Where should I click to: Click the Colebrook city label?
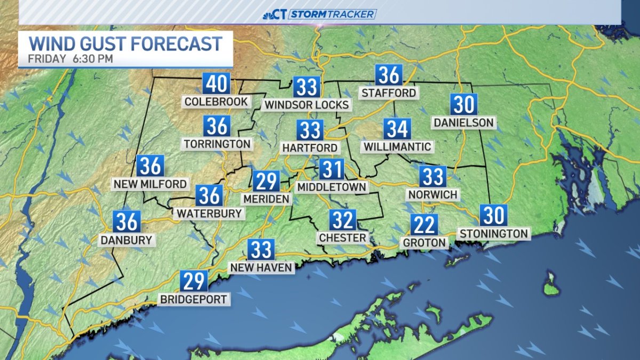pyautogui.click(x=216, y=101)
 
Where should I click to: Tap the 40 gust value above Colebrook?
pyautogui.click(x=216, y=84)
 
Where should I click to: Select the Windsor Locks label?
pyautogui.click(x=306, y=105)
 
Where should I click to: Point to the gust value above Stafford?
pyautogui.click(x=388, y=75)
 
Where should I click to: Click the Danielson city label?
pyautogui.click(x=463, y=123)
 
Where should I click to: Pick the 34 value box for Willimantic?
pyautogui.click(x=397, y=129)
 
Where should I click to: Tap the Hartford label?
pyautogui.click(x=310, y=148)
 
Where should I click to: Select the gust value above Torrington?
pyautogui.click(x=217, y=126)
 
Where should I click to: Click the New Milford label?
pyautogui.click(x=150, y=184)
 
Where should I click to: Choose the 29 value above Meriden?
pyautogui.click(x=266, y=181)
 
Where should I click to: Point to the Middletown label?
pyautogui.click(x=332, y=187)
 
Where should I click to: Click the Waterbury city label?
pyautogui.click(x=209, y=213)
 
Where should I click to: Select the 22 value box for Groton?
pyautogui.click(x=425, y=225)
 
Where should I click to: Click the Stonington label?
pyautogui.click(x=493, y=233)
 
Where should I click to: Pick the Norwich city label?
pyautogui.click(x=433, y=195)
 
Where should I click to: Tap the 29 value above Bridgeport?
pyautogui.click(x=194, y=281)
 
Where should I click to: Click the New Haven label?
pyautogui.click(x=261, y=267)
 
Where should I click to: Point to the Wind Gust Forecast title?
pyautogui.click(x=125, y=43)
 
